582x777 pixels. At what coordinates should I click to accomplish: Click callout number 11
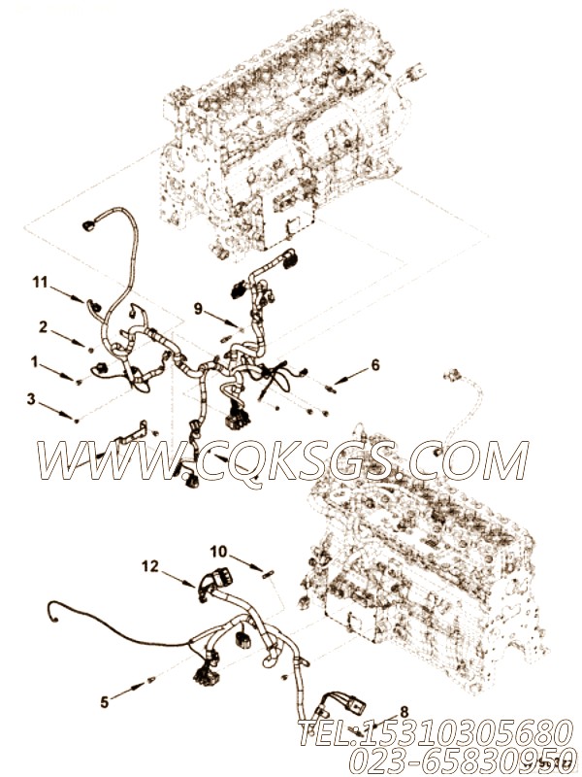pyautogui.click(x=40, y=283)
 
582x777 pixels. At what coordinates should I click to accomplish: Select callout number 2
pyautogui.click(x=43, y=325)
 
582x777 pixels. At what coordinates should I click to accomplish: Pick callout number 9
pyautogui.click(x=198, y=309)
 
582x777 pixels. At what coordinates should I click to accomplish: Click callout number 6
pyautogui.click(x=375, y=366)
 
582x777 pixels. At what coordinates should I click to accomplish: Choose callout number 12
pyautogui.click(x=149, y=565)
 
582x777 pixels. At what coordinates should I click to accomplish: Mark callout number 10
pyautogui.click(x=220, y=552)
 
